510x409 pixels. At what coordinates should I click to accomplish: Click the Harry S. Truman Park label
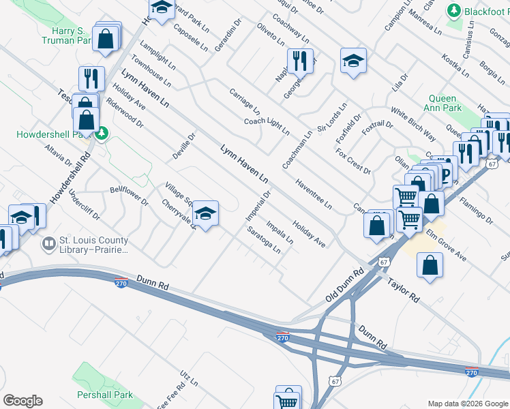point(68,36)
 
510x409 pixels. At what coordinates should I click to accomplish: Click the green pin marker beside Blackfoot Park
point(453,12)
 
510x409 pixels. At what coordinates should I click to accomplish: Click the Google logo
point(22,401)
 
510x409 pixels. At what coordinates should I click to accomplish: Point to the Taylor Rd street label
point(403,290)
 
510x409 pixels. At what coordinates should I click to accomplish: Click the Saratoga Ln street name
point(264,239)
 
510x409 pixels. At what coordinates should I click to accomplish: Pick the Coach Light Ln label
point(267,126)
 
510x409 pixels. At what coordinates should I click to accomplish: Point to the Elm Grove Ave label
point(446,246)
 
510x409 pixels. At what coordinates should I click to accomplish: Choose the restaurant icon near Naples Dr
point(300,61)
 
